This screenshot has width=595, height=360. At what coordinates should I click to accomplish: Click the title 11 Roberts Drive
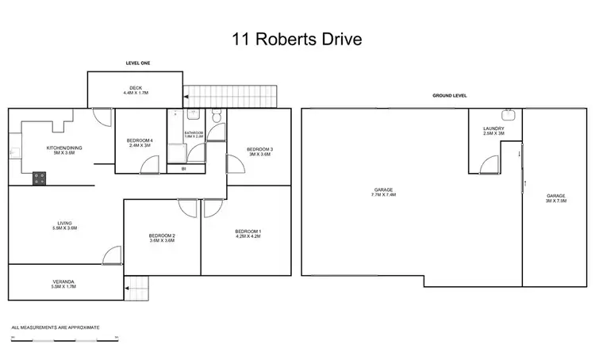(297, 37)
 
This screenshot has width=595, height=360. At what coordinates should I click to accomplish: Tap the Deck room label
(135, 90)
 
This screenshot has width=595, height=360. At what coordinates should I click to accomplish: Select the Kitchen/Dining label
(63, 150)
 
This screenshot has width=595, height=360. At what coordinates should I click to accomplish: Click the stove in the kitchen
(39, 180)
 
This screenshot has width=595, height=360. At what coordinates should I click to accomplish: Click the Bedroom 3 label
(259, 151)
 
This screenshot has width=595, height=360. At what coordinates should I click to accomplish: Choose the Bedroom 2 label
(162, 238)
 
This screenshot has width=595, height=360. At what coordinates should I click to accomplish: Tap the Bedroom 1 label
(248, 233)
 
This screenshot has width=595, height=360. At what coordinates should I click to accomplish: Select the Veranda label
(64, 283)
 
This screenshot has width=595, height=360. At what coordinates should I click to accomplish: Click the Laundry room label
(493, 131)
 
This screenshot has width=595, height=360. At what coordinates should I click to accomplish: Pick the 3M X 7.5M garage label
(555, 197)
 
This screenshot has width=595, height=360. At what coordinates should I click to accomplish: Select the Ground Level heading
(449, 95)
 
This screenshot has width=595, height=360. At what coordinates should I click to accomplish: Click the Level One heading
(138, 62)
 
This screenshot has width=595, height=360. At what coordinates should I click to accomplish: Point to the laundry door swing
(491, 164)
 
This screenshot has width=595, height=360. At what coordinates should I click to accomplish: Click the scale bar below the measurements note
(64, 339)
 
